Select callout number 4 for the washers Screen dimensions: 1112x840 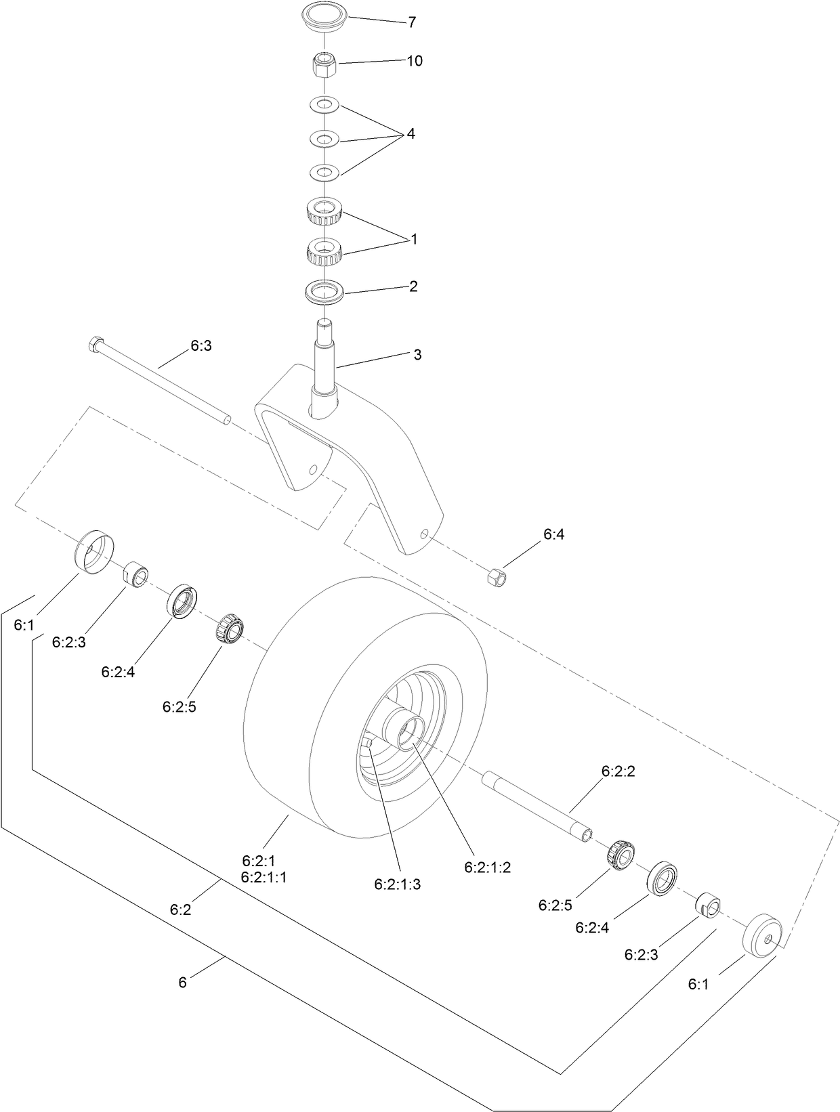click(x=411, y=134)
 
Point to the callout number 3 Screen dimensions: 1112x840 click(x=417, y=355)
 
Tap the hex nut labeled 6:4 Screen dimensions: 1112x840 click(x=496, y=576)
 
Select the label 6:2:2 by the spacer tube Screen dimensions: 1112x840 click(x=618, y=771)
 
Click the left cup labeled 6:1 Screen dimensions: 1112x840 click(x=93, y=551)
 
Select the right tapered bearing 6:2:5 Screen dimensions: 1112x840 click(x=621, y=855)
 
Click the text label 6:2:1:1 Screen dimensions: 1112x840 click(x=264, y=877)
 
